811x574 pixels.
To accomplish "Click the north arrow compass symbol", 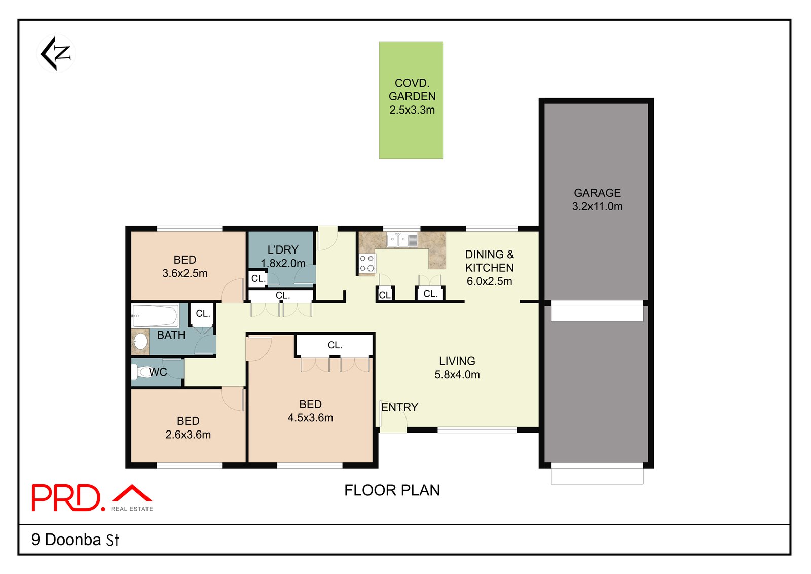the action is pos(56,54).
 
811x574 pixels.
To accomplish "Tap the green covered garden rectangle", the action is pos(411,100).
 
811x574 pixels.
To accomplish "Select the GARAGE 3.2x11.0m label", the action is pos(598,200).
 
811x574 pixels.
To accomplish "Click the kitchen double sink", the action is pos(402,240).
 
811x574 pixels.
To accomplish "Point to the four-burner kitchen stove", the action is pos(367,263).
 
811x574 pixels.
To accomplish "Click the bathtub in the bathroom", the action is pos(155,316).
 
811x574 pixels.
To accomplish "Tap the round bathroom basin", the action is pos(140,341).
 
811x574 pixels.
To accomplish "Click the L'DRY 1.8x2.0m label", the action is pos(283,257).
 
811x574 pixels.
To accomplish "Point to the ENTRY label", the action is pos(399,407).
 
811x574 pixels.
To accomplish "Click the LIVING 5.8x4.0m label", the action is pos(457,368).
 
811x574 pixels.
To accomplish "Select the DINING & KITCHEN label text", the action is pos(490,261).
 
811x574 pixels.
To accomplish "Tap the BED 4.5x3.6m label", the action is pos(310,411).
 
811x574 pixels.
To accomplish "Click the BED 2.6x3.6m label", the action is pos(188,427).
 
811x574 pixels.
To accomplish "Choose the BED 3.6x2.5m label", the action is pos(185,267).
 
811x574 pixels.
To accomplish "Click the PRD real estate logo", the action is pos(92,498).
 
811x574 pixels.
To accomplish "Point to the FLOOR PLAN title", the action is pos(392,490).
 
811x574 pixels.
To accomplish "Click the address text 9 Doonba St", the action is pos(75,540).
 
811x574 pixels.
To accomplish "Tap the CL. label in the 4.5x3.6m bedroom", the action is pos(335,345).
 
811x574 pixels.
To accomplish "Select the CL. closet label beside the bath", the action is pos(203,313).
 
